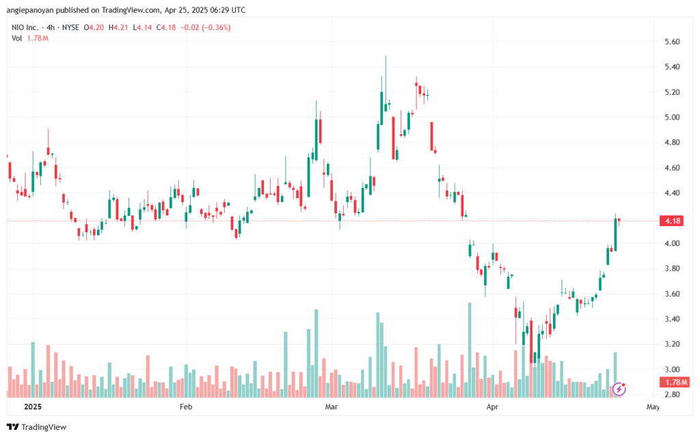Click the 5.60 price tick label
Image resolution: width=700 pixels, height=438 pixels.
pos(673,42)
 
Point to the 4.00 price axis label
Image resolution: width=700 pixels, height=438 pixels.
pos(673,243)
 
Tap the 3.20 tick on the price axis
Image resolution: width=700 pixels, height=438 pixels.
pos(673,344)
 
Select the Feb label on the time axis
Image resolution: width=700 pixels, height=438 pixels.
pos(186,407)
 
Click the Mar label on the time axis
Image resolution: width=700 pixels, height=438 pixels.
pos(332,407)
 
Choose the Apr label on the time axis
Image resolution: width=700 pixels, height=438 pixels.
pos(492,407)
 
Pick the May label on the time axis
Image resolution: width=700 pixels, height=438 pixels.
pos(653,407)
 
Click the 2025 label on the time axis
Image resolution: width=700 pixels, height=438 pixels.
pos(33,407)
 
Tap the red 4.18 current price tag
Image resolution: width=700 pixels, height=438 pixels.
pos(672,221)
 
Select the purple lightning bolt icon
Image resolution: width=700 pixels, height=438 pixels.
pos(619,389)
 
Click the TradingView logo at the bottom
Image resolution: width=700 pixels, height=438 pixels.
pos(37,427)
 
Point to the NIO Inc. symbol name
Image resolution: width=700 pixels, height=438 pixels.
pos(25,27)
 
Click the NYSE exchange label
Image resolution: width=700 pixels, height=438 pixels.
pos(70,27)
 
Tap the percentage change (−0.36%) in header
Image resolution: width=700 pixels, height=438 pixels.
pos(217,27)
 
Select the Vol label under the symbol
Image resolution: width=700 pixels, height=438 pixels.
pos(16,38)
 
